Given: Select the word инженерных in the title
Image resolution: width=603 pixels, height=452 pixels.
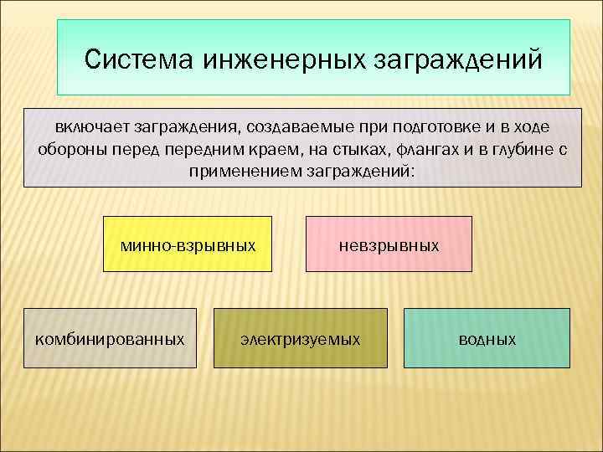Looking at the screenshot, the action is [271, 60].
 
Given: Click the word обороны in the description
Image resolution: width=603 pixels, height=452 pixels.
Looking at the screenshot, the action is [65, 150].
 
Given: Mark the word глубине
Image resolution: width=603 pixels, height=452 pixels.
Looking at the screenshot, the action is [512, 150].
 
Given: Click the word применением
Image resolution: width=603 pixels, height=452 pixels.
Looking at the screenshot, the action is [240, 171].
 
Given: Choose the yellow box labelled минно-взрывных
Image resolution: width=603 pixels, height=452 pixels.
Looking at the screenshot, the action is [188, 244].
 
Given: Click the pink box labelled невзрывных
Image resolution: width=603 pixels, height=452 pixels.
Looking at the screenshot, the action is [389, 244].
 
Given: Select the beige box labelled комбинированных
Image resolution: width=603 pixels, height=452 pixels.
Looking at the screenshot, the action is [110, 339].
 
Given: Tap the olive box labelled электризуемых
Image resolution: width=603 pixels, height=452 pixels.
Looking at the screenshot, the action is [301, 339].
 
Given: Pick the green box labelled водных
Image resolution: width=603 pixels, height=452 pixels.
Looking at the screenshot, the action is [487, 339].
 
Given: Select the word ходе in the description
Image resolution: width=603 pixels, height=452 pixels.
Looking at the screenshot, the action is [533, 128].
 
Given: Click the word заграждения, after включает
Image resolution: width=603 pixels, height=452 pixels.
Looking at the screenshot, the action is [178, 128].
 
